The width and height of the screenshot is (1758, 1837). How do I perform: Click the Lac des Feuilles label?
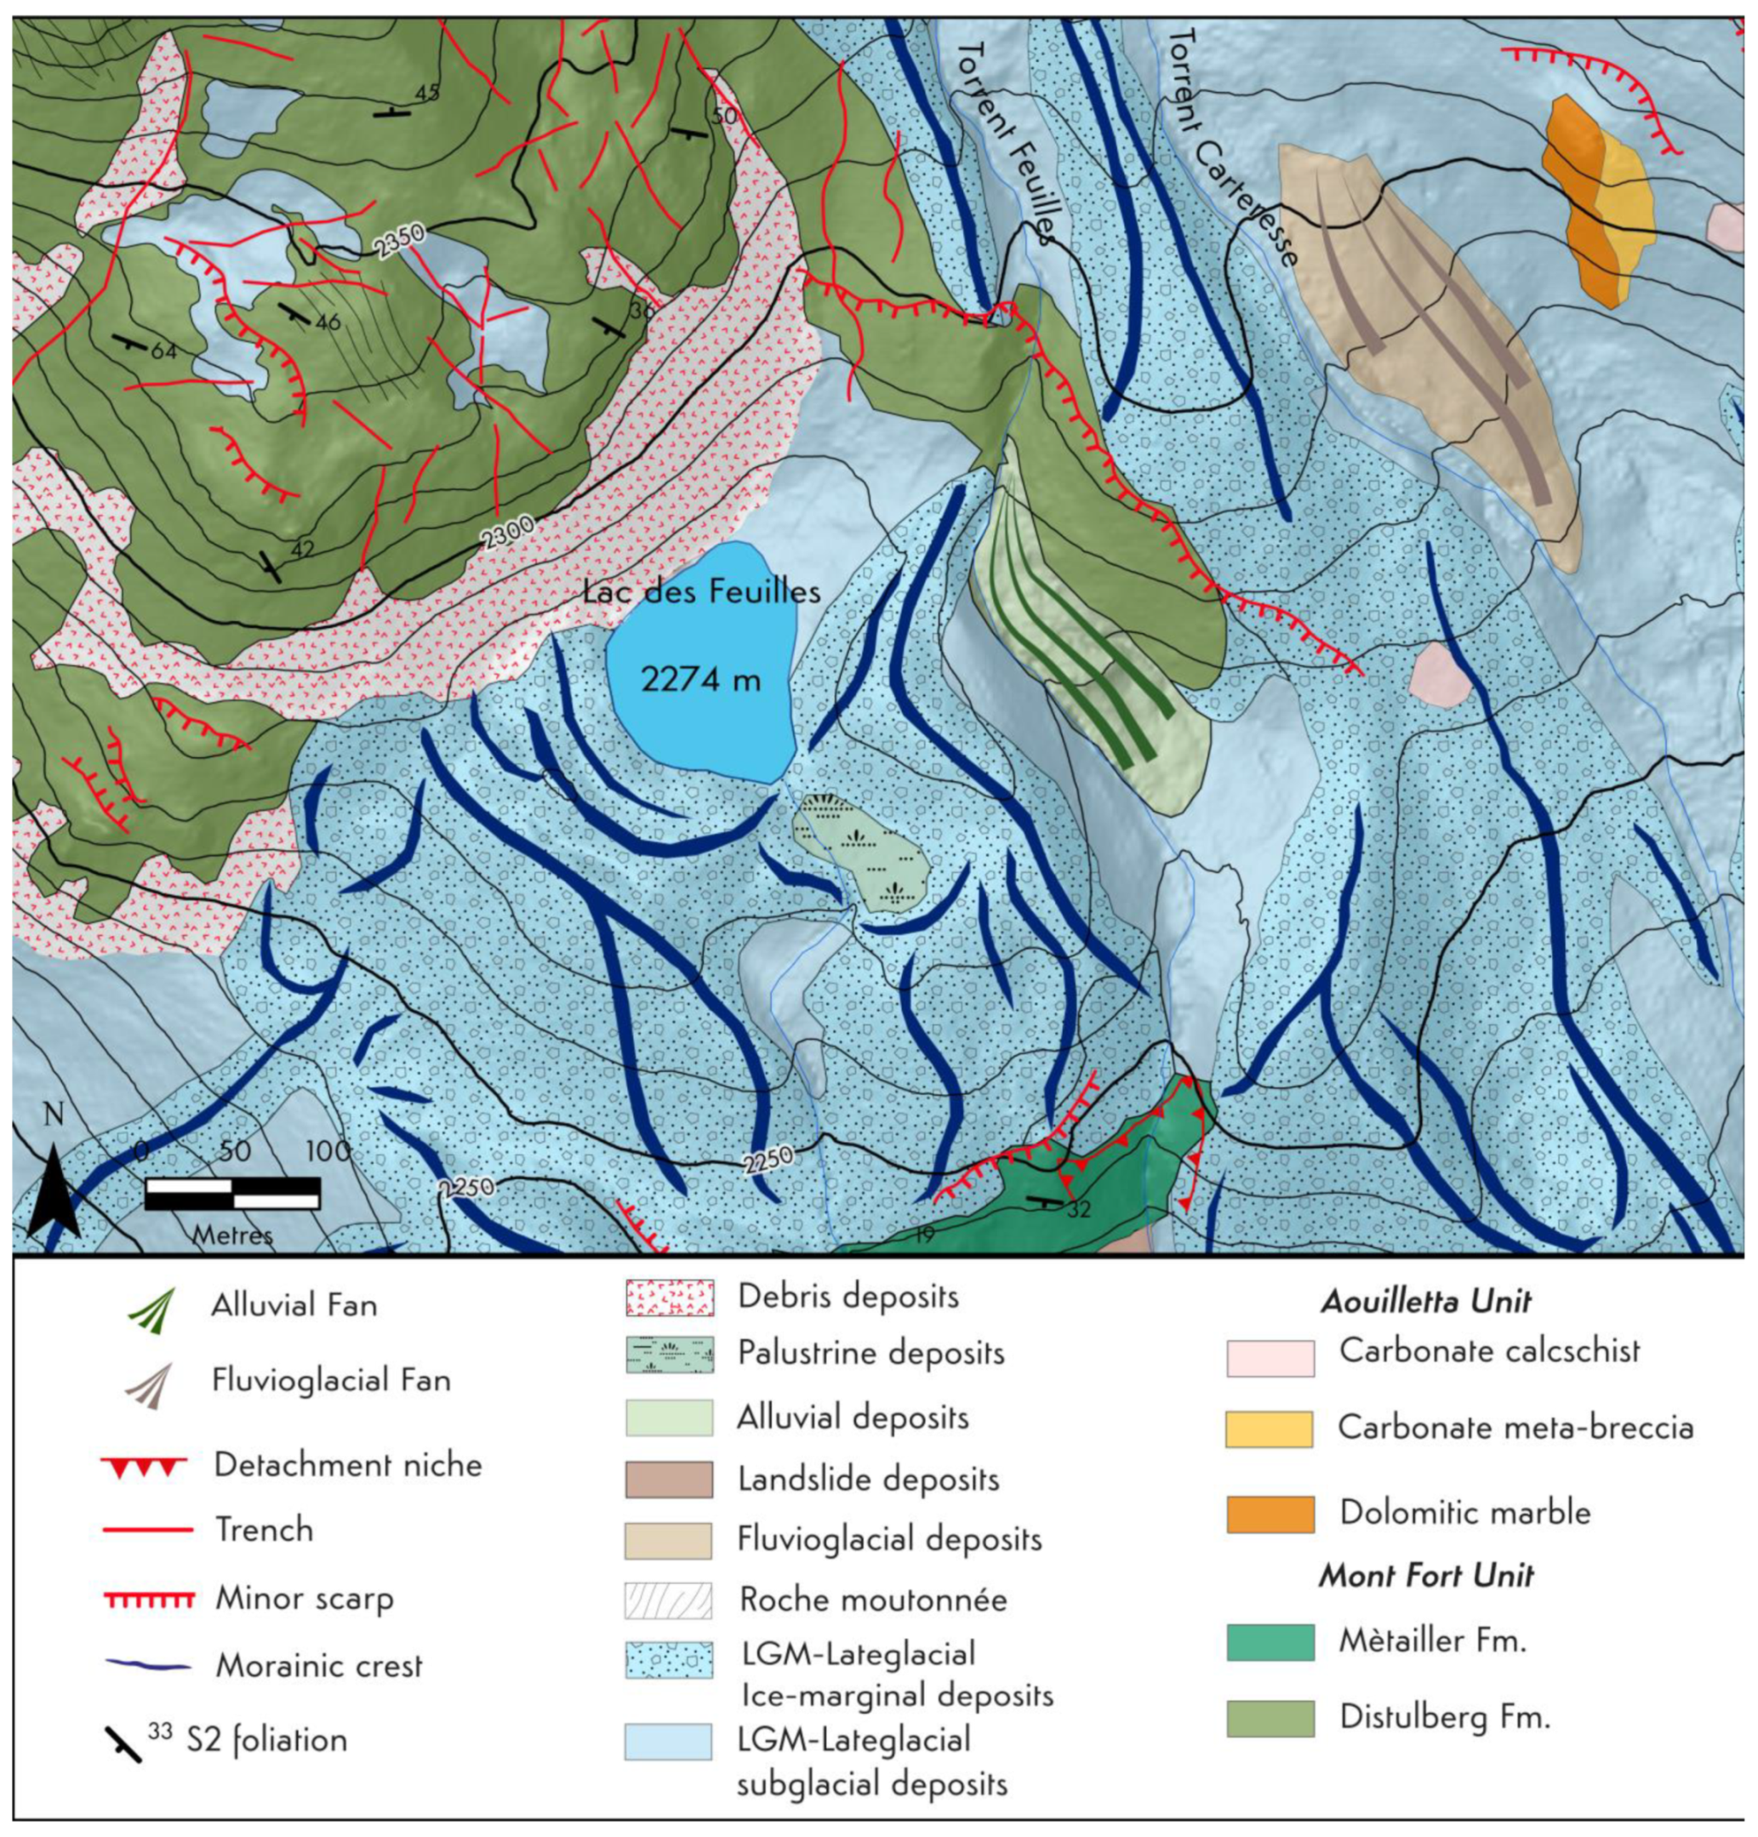pos(701,592)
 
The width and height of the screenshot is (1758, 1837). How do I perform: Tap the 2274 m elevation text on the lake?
pos(701,679)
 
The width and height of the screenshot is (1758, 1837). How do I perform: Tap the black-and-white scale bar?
pos(232,1194)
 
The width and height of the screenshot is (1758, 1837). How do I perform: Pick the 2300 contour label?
pos(508,533)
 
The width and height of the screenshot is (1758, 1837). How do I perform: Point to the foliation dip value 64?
pos(163,351)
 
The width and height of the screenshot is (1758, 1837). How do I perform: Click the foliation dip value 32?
pos(1079,1209)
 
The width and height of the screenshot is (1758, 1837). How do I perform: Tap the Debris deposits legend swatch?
pos(669,1298)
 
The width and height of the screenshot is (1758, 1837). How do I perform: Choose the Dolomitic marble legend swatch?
pos(1270,1514)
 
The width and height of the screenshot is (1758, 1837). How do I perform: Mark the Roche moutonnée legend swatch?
pos(669,1600)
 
